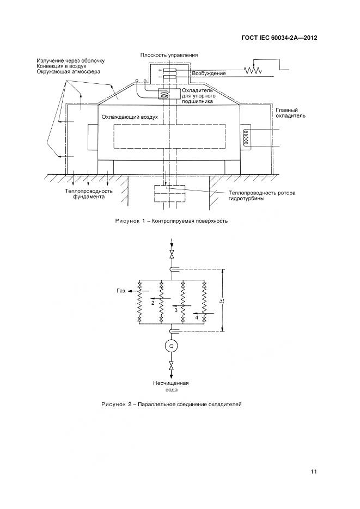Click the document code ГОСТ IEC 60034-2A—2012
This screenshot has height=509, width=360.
(279, 38)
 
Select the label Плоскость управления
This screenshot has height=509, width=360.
(168, 55)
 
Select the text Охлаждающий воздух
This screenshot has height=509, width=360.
(130, 117)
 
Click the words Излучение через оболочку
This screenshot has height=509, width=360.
(70, 60)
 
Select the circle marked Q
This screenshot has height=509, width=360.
(172, 346)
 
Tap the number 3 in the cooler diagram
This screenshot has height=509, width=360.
(176, 309)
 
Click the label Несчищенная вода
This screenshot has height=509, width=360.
(172, 385)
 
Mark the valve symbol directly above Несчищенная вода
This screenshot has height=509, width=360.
(172, 366)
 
